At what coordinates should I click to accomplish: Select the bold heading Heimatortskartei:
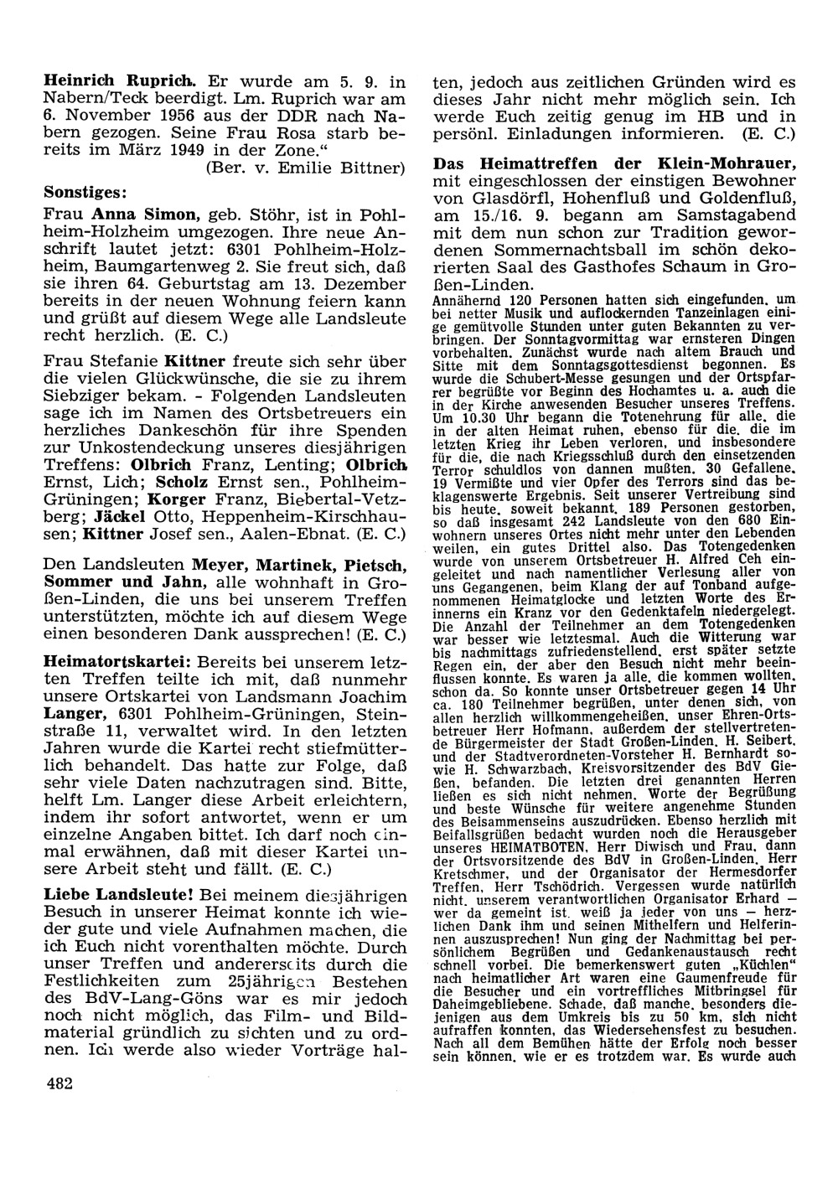click(x=117, y=659)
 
